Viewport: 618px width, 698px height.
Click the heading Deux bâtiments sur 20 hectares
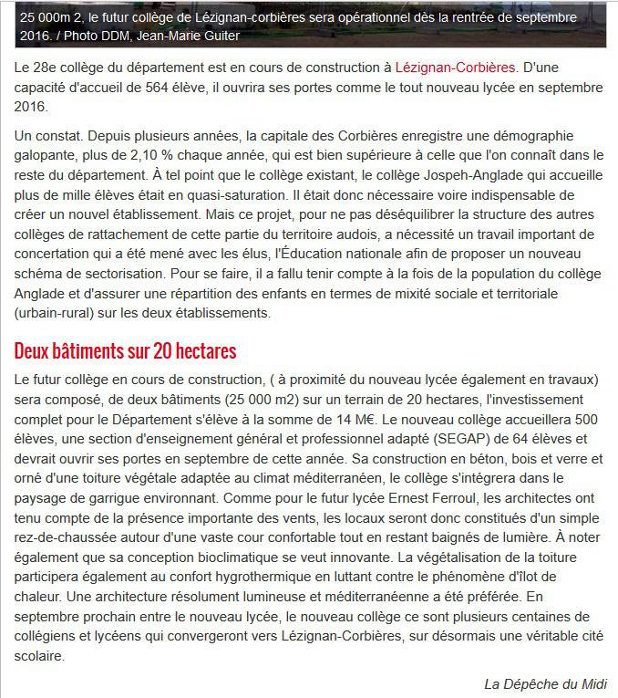[126, 350]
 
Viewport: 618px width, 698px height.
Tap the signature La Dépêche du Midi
[544, 683]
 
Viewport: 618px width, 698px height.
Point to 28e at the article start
[53, 67]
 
